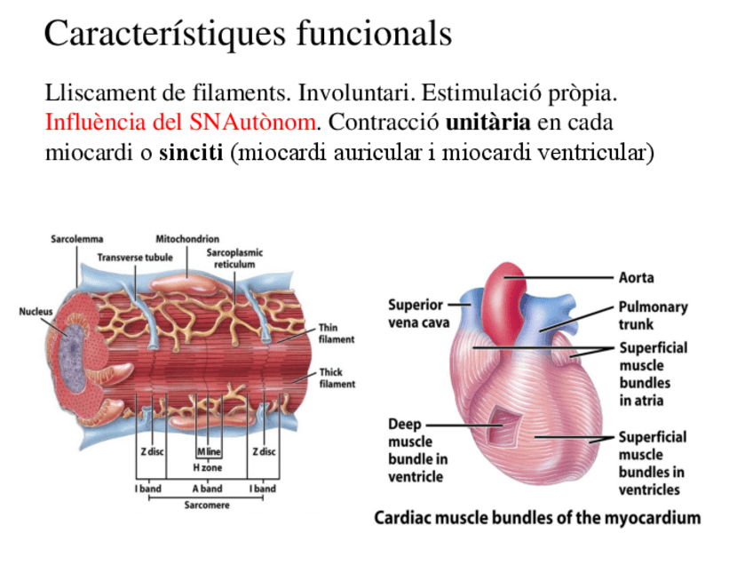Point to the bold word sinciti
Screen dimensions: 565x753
click(x=192, y=152)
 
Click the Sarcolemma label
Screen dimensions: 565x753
click(x=76, y=238)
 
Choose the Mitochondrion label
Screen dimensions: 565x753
click(x=187, y=238)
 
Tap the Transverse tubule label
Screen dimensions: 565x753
click(x=135, y=257)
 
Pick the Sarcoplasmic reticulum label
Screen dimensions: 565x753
click(x=234, y=259)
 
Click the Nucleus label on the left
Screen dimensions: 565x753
click(x=36, y=311)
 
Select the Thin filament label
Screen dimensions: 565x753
click(x=336, y=333)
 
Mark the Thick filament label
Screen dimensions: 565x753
click(x=337, y=378)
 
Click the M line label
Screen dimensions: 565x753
click(x=207, y=451)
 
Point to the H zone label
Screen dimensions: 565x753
click(x=207, y=467)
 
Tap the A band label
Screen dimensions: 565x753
click(x=207, y=488)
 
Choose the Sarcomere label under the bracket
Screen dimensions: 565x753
click(x=206, y=505)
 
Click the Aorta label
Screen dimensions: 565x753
click(x=636, y=277)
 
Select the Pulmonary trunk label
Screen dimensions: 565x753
click(x=653, y=315)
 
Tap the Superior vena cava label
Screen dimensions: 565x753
click(x=418, y=314)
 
